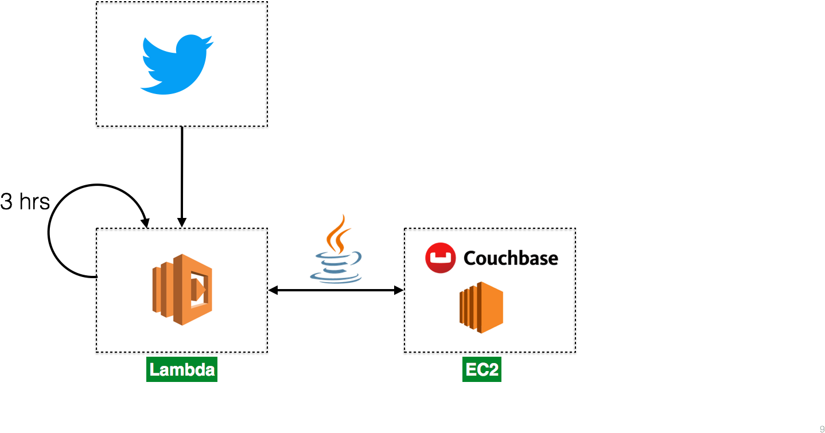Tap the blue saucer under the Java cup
(336, 278)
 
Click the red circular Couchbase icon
(441, 258)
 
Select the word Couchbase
(511, 258)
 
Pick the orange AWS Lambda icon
(182, 290)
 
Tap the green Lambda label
(182, 369)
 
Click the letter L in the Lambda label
(154, 369)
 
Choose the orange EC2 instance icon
(482, 307)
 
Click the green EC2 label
(482, 369)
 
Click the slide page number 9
(822, 428)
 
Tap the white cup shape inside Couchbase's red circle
(441, 258)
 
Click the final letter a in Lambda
(210, 370)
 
